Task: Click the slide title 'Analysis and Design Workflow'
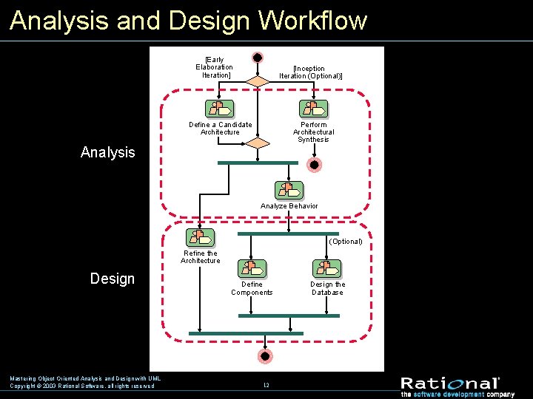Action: click(188, 20)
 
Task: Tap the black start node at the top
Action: click(258, 58)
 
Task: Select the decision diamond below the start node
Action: click(258, 81)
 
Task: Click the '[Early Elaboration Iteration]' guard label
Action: click(214, 67)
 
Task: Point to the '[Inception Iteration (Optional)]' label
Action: click(311, 72)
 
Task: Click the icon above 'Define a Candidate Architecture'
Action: click(220, 109)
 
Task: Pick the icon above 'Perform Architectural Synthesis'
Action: click(313, 109)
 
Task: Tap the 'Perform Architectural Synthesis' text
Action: click(313, 132)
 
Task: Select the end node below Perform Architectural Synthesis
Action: click(314, 165)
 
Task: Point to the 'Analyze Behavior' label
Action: click(289, 206)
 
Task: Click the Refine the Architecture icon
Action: click(200, 237)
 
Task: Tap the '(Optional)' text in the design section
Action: click(346, 242)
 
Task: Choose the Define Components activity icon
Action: click(252, 268)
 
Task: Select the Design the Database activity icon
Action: click(326, 268)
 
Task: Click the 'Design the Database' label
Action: click(326, 288)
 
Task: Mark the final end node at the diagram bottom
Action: click(264, 356)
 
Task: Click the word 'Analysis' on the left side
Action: click(108, 153)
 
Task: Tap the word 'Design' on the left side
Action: click(113, 279)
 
